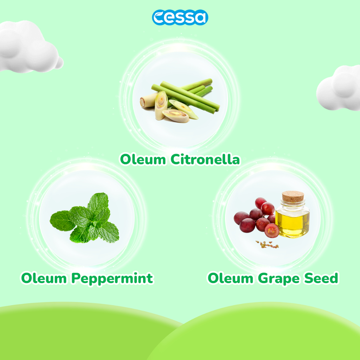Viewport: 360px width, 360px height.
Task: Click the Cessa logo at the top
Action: point(180,17)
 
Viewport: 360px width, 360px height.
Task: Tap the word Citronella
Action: point(205,159)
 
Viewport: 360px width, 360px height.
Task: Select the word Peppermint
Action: point(112,279)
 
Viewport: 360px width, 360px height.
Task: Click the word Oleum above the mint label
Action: point(44,278)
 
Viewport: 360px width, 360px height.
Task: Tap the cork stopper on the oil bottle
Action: point(293,197)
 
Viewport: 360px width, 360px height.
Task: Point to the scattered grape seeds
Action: point(267,245)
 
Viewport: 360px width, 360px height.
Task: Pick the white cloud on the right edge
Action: point(339,88)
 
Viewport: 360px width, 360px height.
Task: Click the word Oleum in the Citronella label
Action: point(143,159)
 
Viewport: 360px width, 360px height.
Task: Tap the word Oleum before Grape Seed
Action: point(231,278)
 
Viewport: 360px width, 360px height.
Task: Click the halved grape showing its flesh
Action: point(272,231)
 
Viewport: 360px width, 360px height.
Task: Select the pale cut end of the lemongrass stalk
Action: point(143,102)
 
